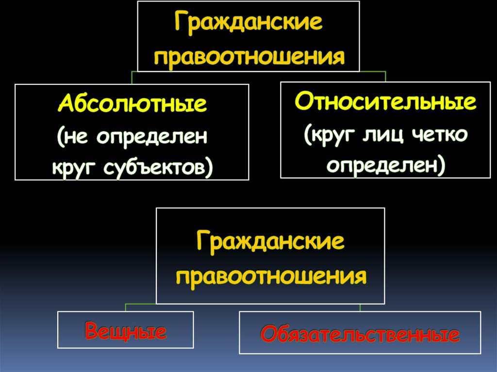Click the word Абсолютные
132,104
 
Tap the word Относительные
385,102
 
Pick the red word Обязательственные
360,335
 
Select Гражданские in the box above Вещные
270,242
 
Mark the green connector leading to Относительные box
385,76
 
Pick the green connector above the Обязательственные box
360,307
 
